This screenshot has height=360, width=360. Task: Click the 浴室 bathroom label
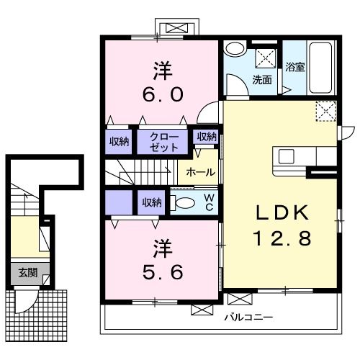pyautogui.click(x=294, y=67)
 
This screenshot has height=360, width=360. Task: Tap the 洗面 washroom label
pyautogui.click(x=262, y=80)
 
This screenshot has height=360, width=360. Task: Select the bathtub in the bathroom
pyautogui.click(x=320, y=68)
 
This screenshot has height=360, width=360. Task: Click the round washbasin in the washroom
pyautogui.click(x=235, y=49)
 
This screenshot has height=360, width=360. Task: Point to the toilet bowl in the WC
pyautogui.click(x=182, y=202)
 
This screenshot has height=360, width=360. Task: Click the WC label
pyautogui.click(x=210, y=202)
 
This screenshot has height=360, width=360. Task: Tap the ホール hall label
pyautogui.click(x=201, y=172)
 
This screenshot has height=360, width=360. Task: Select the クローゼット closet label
pyautogui.click(x=164, y=142)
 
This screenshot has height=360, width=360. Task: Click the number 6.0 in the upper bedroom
pyautogui.click(x=163, y=94)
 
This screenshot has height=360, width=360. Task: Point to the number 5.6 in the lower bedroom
pyautogui.click(x=163, y=272)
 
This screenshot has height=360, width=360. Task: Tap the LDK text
pyautogui.click(x=282, y=212)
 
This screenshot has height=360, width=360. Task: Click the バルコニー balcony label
pyautogui.click(x=248, y=318)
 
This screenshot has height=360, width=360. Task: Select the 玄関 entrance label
pyautogui.click(x=28, y=273)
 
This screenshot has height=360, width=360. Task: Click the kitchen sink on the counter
pyautogui.click(x=287, y=156)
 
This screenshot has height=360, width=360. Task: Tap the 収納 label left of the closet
pyautogui.click(x=119, y=142)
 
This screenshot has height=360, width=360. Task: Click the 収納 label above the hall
pyautogui.click(x=207, y=137)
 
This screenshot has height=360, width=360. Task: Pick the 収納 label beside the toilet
pyautogui.click(x=152, y=203)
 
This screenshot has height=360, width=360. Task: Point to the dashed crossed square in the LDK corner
pyautogui.click(x=326, y=111)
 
